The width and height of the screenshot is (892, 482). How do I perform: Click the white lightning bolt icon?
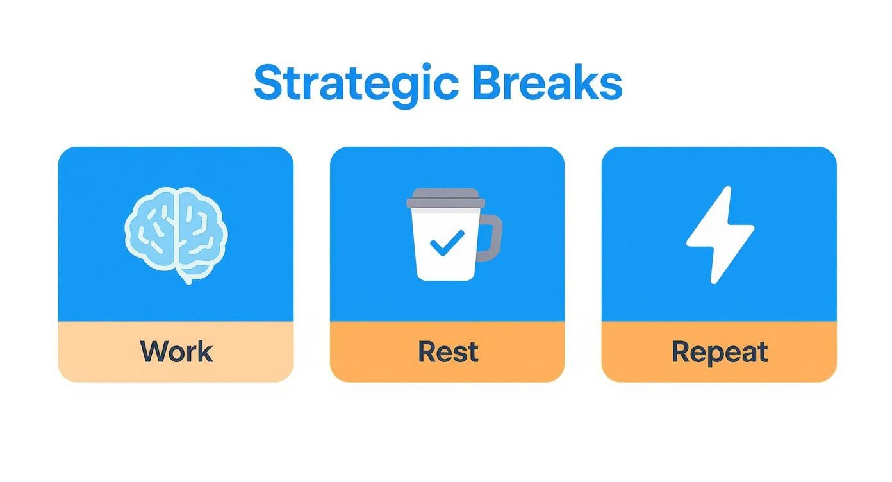point(720,234)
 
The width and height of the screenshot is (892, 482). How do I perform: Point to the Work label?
point(176,351)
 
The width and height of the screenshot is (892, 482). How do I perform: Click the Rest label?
point(447,351)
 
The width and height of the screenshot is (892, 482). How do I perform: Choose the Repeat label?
point(719,352)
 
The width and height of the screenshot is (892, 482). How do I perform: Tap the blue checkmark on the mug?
point(447,243)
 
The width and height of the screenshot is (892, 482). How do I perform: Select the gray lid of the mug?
point(445,198)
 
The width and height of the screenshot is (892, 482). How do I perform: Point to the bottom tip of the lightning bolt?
point(713,281)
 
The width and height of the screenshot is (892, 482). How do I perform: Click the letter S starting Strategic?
point(268,83)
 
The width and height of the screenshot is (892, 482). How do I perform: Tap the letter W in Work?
point(153,351)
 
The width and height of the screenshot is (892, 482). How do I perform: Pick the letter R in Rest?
point(426,351)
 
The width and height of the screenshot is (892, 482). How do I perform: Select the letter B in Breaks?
point(488,83)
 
